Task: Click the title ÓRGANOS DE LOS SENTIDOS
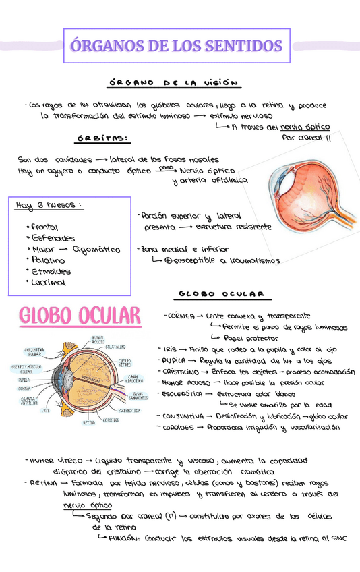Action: point(176,46)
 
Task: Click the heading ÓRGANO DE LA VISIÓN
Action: point(174,84)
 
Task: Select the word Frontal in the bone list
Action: point(44,228)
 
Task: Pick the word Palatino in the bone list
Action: point(48,260)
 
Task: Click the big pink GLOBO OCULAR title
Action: point(80,316)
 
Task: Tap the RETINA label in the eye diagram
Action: point(88,423)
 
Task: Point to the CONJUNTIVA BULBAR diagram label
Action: point(34,352)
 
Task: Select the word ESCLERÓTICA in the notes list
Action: point(180,393)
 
